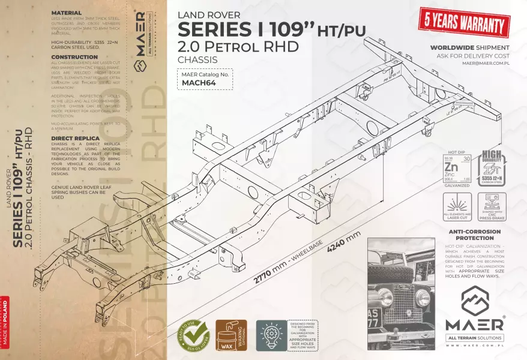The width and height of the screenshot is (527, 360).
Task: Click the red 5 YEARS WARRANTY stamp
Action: point(464,24)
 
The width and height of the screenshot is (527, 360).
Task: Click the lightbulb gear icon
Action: point(271,335)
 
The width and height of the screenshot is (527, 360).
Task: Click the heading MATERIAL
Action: point(67,12)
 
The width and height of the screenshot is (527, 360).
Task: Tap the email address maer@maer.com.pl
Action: point(486,62)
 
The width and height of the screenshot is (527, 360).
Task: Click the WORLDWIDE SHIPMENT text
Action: point(470,47)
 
